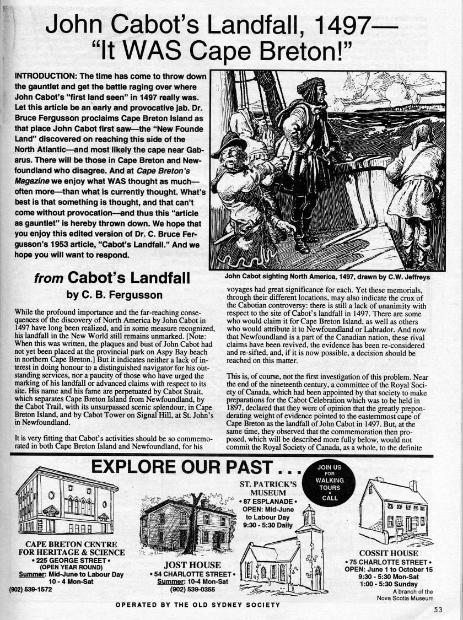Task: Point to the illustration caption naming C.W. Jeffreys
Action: (x=328, y=277)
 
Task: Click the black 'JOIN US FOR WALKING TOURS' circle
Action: (x=330, y=482)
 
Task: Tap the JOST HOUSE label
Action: (x=192, y=564)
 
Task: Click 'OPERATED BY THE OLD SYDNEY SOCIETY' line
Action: (x=197, y=605)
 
